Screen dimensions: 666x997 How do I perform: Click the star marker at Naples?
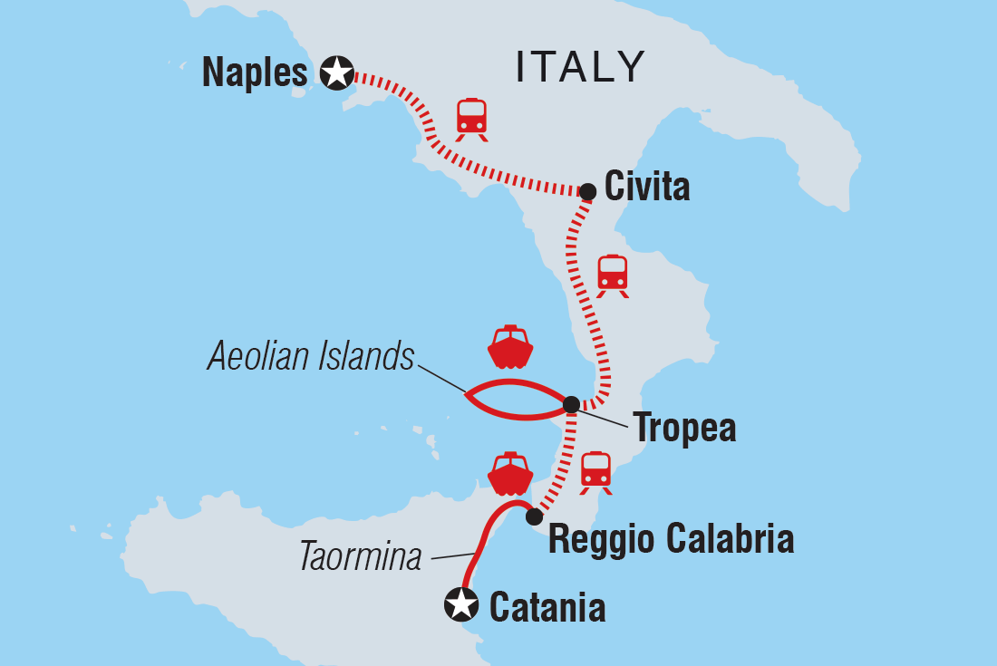tap(337, 72)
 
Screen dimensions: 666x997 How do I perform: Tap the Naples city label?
tap(255, 72)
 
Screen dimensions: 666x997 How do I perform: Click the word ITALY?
tap(580, 67)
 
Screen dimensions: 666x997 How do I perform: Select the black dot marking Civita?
tap(587, 191)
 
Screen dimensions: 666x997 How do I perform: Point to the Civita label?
tap(647, 188)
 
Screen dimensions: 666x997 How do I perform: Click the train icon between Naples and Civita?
tap(471, 119)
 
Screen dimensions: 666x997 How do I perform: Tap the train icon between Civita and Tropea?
tap(613, 275)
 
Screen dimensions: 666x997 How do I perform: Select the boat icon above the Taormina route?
tap(509, 473)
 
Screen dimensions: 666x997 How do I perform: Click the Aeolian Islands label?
tap(311, 357)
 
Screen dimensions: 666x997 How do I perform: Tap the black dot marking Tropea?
tap(571, 404)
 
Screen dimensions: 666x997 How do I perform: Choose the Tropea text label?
tap(684, 428)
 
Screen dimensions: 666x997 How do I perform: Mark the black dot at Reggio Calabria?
tap(534, 516)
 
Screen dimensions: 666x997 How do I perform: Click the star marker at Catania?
tap(460, 604)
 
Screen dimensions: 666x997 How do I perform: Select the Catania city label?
tap(547, 607)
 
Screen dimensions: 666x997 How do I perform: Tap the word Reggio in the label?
tap(604, 541)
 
